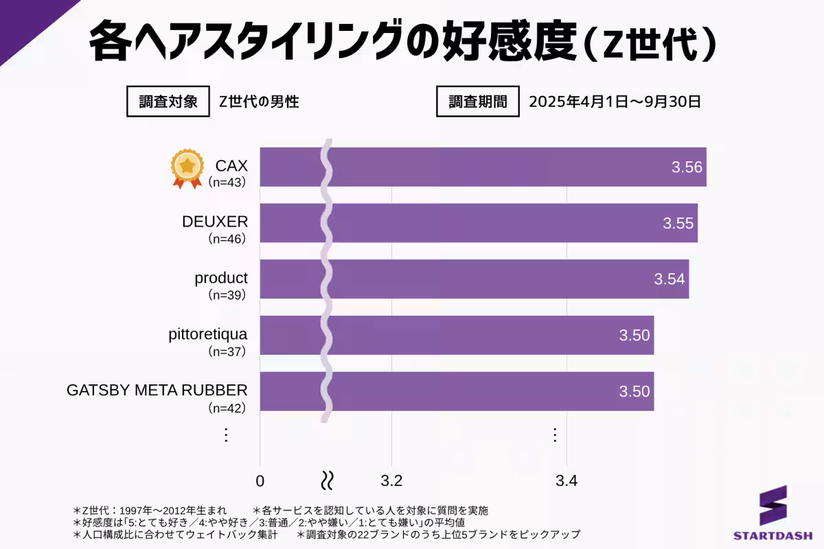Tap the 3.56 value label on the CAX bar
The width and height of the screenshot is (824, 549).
tap(687, 167)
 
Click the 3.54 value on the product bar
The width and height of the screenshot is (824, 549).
tap(669, 279)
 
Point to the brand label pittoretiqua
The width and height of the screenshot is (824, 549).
tap(207, 334)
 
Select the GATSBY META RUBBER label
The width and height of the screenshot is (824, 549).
tap(157, 390)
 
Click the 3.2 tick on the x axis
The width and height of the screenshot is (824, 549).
tap(391, 480)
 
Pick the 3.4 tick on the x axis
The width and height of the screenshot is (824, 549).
tap(566, 480)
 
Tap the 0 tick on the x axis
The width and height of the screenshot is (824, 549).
tap(260, 480)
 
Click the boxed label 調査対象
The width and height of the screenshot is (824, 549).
tap(168, 102)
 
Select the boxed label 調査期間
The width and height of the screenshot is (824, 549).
tap(478, 102)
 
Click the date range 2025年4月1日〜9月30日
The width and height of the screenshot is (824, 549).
tap(615, 102)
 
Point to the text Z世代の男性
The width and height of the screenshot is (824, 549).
tap(259, 102)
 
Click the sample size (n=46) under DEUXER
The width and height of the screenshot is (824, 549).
tap(227, 239)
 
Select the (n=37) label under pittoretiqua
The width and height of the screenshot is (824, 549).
tap(227, 351)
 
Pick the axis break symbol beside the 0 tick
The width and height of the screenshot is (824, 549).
tap(328, 480)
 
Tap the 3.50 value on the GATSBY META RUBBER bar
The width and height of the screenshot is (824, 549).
tap(634, 392)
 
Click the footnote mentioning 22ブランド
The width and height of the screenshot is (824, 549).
tap(438, 534)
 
